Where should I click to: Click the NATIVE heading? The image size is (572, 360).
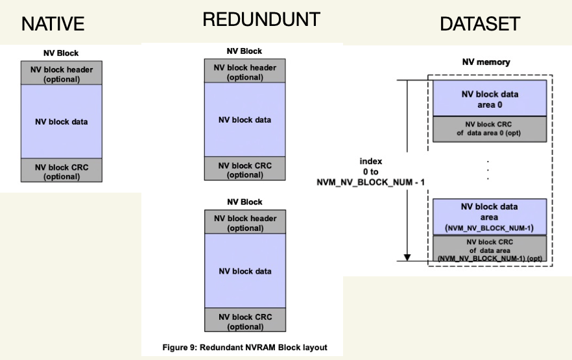point(53,25)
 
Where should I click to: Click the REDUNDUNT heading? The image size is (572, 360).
point(261,20)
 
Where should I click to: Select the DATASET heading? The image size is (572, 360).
point(480,25)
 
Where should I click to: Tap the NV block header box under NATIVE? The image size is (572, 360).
point(62,74)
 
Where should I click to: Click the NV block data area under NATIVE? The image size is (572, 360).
point(62,121)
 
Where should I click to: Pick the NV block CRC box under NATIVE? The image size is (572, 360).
point(62,171)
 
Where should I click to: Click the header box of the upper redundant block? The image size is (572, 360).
point(245,72)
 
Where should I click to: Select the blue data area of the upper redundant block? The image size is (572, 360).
point(245,120)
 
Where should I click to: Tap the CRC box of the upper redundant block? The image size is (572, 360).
point(245,169)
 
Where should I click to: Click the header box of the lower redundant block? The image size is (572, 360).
point(245,222)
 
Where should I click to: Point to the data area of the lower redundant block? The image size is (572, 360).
point(245,271)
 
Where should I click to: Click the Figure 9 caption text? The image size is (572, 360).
point(244,348)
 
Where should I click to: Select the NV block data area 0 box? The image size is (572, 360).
point(490,99)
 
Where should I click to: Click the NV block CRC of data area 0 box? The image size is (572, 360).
point(490,128)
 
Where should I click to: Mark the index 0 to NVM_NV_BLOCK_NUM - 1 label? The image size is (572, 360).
point(371,172)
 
